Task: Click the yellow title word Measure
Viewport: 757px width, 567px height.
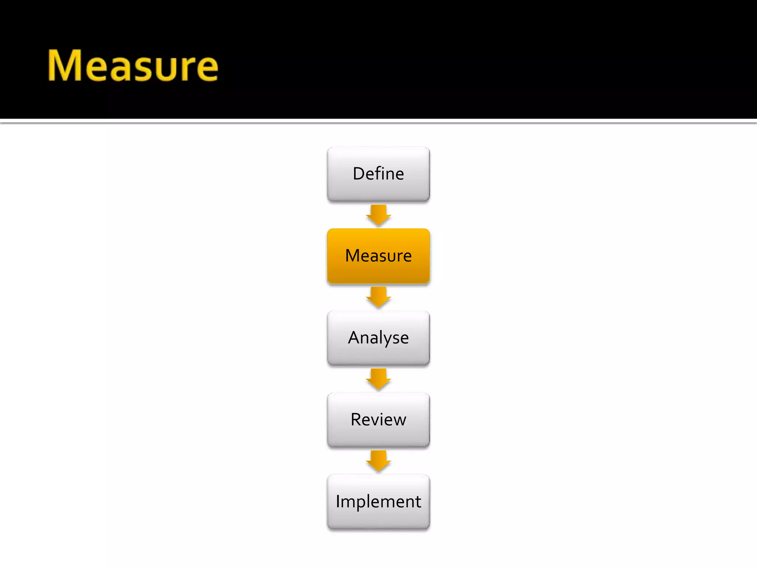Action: click(133, 66)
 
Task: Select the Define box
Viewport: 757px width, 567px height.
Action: click(378, 174)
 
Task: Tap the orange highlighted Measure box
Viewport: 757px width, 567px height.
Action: click(378, 256)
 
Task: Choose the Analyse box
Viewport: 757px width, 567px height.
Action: click(378, 338)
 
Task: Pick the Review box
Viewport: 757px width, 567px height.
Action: click(378, 420)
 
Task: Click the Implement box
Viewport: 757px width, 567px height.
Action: click(378, 502)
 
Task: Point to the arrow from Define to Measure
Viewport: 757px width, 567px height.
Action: click(378, 215)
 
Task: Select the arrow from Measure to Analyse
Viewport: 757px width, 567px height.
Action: click(378, 297)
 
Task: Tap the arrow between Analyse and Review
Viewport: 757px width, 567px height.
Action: click(378, 379)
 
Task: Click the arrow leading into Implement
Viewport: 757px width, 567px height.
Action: click(378, 461)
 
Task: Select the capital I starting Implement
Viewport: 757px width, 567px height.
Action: click(338, 501)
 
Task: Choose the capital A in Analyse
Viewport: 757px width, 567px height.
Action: click(354, 337)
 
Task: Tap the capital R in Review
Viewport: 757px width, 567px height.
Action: click(356, 420)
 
